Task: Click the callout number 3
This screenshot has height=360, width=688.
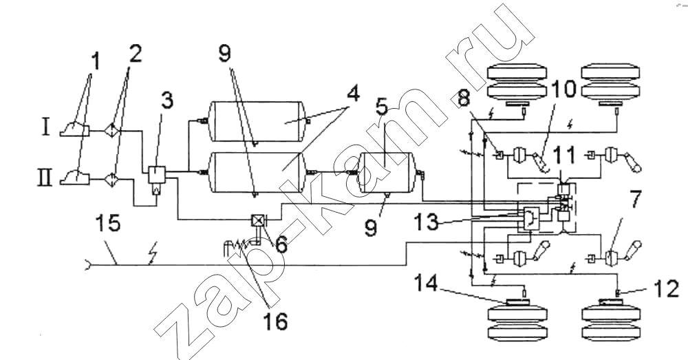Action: (x=166, y=101)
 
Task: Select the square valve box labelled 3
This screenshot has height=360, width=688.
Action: (x=156, y=175)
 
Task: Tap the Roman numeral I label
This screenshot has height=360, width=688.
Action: (x=46, y=127)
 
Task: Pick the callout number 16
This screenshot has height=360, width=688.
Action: (x=275, y=322)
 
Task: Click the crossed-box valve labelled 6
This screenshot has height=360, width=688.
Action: (x=256, y=220)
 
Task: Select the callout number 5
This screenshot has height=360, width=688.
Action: (x=382, y=107)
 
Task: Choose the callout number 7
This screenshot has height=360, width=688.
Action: (x=632, y=200)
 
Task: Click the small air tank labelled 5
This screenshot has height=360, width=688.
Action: (x=385, y=172)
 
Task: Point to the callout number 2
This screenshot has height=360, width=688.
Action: (x=135, y=54)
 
